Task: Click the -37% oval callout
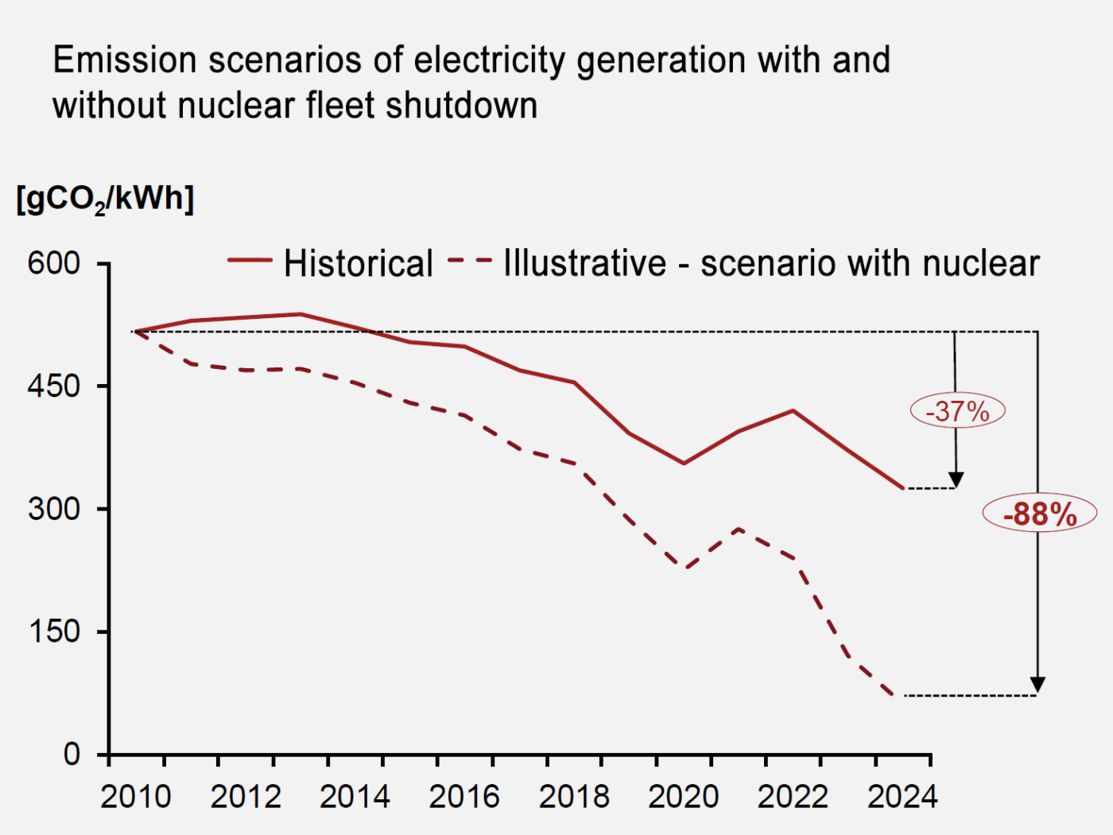[957, 410]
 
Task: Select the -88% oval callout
[1040, 514]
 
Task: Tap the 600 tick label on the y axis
[54, 264]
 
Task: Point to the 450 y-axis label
[54, 386]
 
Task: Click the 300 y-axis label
[54, 508]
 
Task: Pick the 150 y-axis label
[54, 631]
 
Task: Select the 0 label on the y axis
[72, 755]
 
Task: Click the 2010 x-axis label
[135, 797]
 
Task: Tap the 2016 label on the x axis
[464, 797]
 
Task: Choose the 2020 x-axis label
[683, 797]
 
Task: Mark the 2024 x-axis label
[902, 797]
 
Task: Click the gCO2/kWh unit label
[105, 199]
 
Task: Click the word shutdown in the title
[461, 106]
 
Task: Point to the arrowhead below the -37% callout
[956, 480]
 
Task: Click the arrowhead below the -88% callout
[1038, 685]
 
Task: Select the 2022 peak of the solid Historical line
[793, 410]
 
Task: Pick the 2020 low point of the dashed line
[684, 569]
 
